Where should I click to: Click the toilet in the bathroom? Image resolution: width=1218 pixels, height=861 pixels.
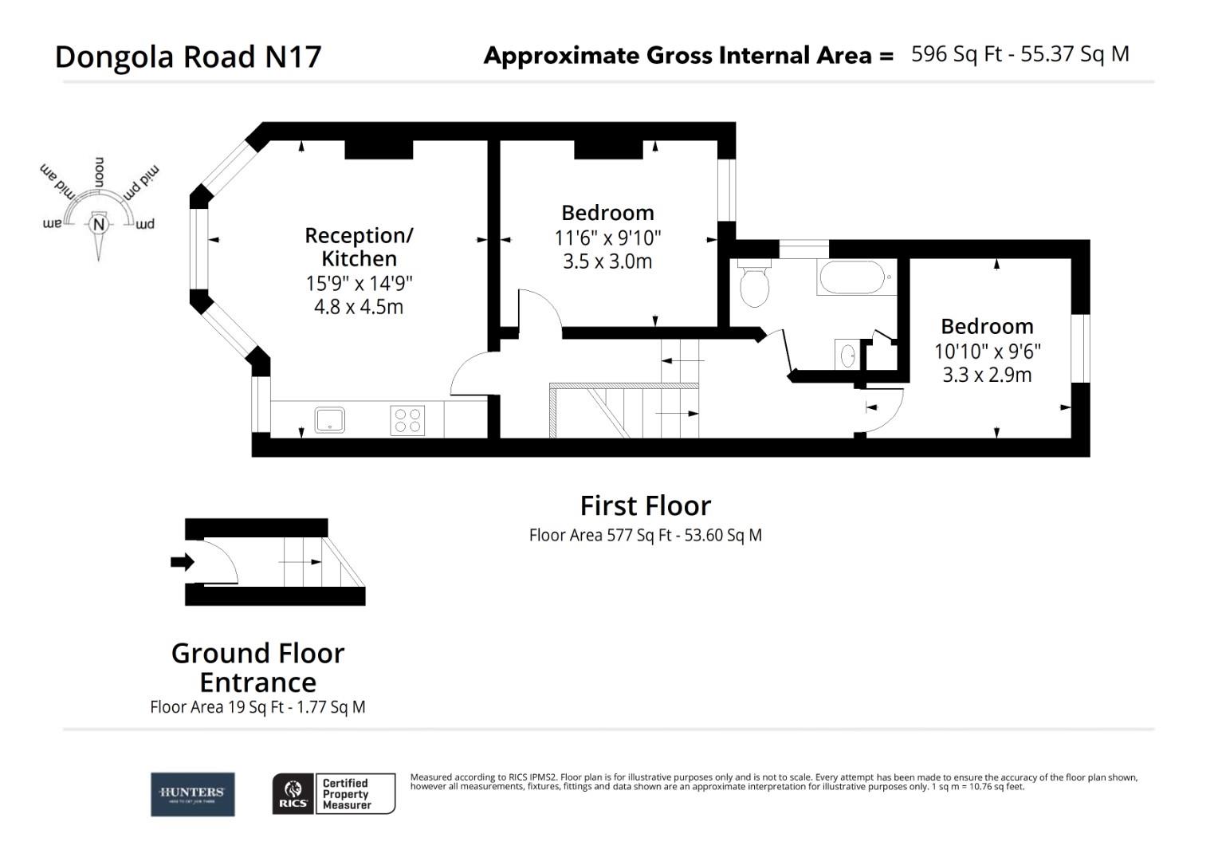pos(754,284)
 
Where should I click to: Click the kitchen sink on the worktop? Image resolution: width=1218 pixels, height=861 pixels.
pos(329,419)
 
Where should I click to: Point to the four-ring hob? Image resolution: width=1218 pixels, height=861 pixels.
pos(407,420)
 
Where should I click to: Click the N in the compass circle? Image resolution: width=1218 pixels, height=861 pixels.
pos(99,225)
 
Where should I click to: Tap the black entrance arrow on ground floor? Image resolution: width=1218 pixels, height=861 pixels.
pos(183,562)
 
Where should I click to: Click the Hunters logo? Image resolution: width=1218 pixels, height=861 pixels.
pos(193,794)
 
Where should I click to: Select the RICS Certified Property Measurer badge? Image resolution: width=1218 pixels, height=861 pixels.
pos(334,794)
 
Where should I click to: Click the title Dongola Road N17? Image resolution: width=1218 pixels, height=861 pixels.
pos(188,57)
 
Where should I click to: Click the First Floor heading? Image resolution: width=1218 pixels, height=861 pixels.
pos(645,505)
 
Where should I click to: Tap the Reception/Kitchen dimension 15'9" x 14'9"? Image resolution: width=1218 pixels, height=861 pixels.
pos(359,283)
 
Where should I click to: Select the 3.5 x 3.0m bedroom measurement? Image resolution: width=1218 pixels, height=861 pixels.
pos(607,261)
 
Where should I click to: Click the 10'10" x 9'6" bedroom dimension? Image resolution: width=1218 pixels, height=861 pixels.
pos(987,351)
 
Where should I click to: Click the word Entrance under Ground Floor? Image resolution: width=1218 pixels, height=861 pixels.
pos(257,682)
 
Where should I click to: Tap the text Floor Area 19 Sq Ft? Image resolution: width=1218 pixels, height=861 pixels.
pos(216,707)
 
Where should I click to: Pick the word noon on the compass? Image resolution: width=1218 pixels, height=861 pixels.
pos(100,172)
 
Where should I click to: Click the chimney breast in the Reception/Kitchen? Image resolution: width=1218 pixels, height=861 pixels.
pos(378,149)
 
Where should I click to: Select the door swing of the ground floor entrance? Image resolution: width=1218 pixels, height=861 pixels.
pos(219,561)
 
